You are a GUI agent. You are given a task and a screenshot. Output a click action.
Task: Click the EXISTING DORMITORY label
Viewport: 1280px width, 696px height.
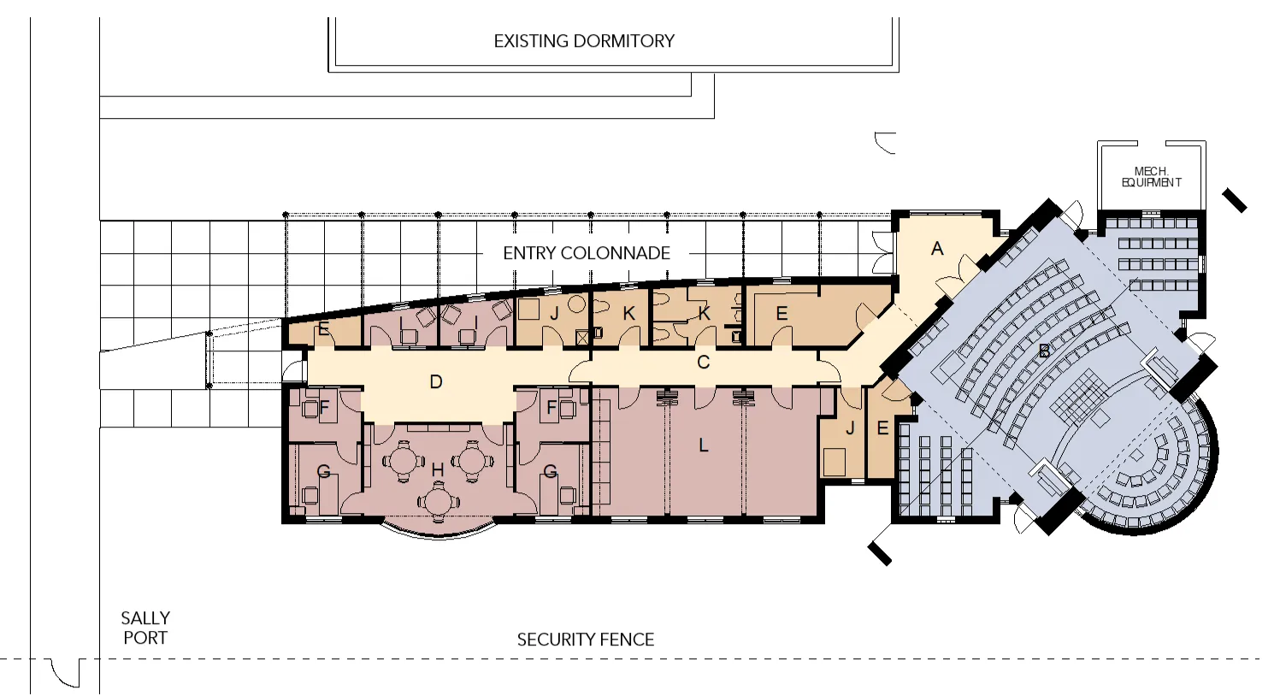coord(584,41)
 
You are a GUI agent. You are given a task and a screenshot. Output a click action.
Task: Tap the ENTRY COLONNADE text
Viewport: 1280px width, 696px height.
coord(587,253)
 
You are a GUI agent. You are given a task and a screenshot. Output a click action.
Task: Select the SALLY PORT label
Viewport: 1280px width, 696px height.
coord(145,628)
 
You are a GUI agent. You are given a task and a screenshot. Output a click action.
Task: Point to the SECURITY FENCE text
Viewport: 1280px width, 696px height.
coord(586,640)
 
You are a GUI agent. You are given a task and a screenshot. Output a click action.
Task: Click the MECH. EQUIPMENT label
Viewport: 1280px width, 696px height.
coord(1152,177)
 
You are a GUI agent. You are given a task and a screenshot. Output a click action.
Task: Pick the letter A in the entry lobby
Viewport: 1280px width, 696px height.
coord(937,249)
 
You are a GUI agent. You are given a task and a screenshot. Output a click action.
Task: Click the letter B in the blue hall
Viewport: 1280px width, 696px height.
coord(1044,351)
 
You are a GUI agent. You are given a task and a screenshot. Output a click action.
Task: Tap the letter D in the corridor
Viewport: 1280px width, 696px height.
coord(436,381)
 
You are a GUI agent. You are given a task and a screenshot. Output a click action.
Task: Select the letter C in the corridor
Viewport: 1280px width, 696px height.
coord(704,363)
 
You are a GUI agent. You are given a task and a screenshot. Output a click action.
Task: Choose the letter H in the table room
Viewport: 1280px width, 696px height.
coord(438,470)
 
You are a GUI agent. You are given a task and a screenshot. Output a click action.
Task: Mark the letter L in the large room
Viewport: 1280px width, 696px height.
coord(704,445)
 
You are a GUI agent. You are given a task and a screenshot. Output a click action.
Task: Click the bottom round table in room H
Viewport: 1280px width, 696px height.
coord(439,502)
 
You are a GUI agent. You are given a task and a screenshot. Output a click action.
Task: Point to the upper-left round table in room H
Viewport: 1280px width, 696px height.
coord(404,461)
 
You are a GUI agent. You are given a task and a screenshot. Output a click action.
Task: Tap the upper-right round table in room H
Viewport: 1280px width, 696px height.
coord(473,461)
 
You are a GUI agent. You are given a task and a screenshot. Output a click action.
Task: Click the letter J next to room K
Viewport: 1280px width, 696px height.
coord(554,313)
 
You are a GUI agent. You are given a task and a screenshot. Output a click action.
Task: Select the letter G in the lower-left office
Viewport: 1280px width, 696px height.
coord(323,472)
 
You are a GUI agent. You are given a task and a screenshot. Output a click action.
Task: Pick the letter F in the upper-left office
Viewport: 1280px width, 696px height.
coord(325,407)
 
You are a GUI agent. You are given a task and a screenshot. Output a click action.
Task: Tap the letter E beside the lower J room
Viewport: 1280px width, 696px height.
coord(882,428)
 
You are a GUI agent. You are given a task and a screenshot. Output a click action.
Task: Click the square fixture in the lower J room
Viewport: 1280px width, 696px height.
coord(834,463)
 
